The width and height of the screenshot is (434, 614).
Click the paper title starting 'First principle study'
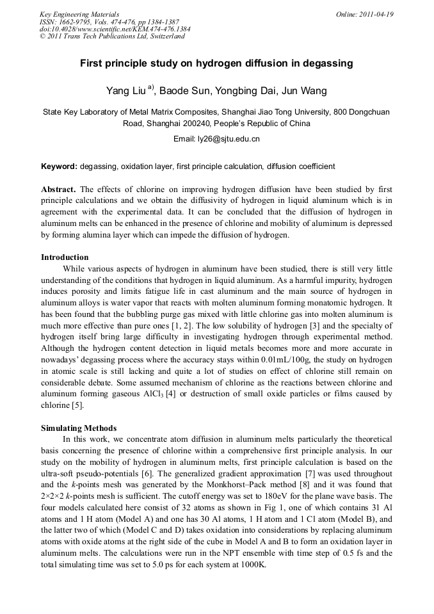click(x=216, y=64)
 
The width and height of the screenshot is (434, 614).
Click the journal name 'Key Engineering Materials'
click(x=79, y=14)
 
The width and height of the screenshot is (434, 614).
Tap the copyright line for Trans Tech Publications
click(x=112, y=36)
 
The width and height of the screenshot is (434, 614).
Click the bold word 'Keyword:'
click(x=60, y=166)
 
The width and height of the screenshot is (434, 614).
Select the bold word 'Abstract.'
click(x=59, y=190)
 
